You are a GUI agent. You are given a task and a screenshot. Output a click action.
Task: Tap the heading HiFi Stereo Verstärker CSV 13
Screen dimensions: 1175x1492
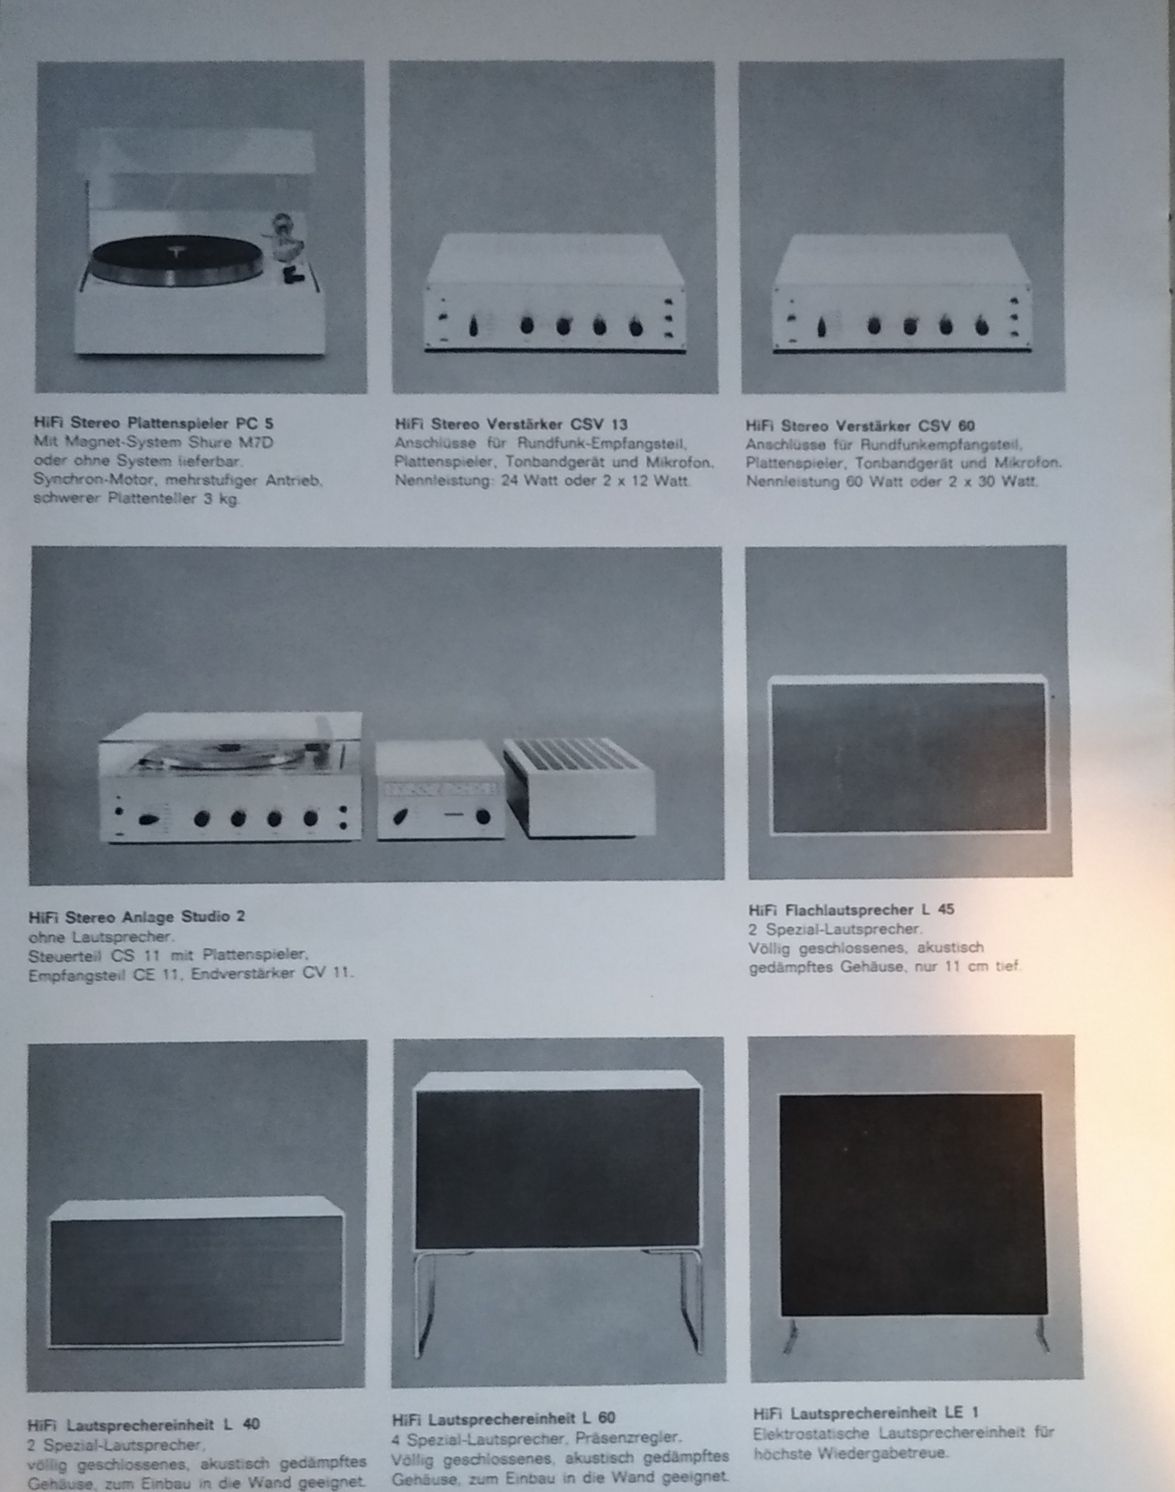coord(511,425)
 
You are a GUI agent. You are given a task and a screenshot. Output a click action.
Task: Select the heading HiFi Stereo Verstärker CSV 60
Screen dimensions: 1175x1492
coord(860,426)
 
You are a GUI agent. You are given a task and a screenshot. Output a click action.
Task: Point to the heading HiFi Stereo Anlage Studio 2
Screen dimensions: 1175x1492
coord(136,917)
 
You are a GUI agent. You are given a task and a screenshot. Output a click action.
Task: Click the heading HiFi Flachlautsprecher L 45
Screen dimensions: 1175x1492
coord(851,909)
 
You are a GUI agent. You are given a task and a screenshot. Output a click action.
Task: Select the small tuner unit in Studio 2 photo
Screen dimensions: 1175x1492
coord(440,790)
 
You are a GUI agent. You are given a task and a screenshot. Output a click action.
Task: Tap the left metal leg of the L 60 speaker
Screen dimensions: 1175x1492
coord(423,1303)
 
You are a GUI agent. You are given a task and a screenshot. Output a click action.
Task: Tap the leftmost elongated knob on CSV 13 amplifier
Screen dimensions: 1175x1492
coord(473,327)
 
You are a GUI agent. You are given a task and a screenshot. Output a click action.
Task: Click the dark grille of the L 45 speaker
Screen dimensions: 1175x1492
coord(909,757)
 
